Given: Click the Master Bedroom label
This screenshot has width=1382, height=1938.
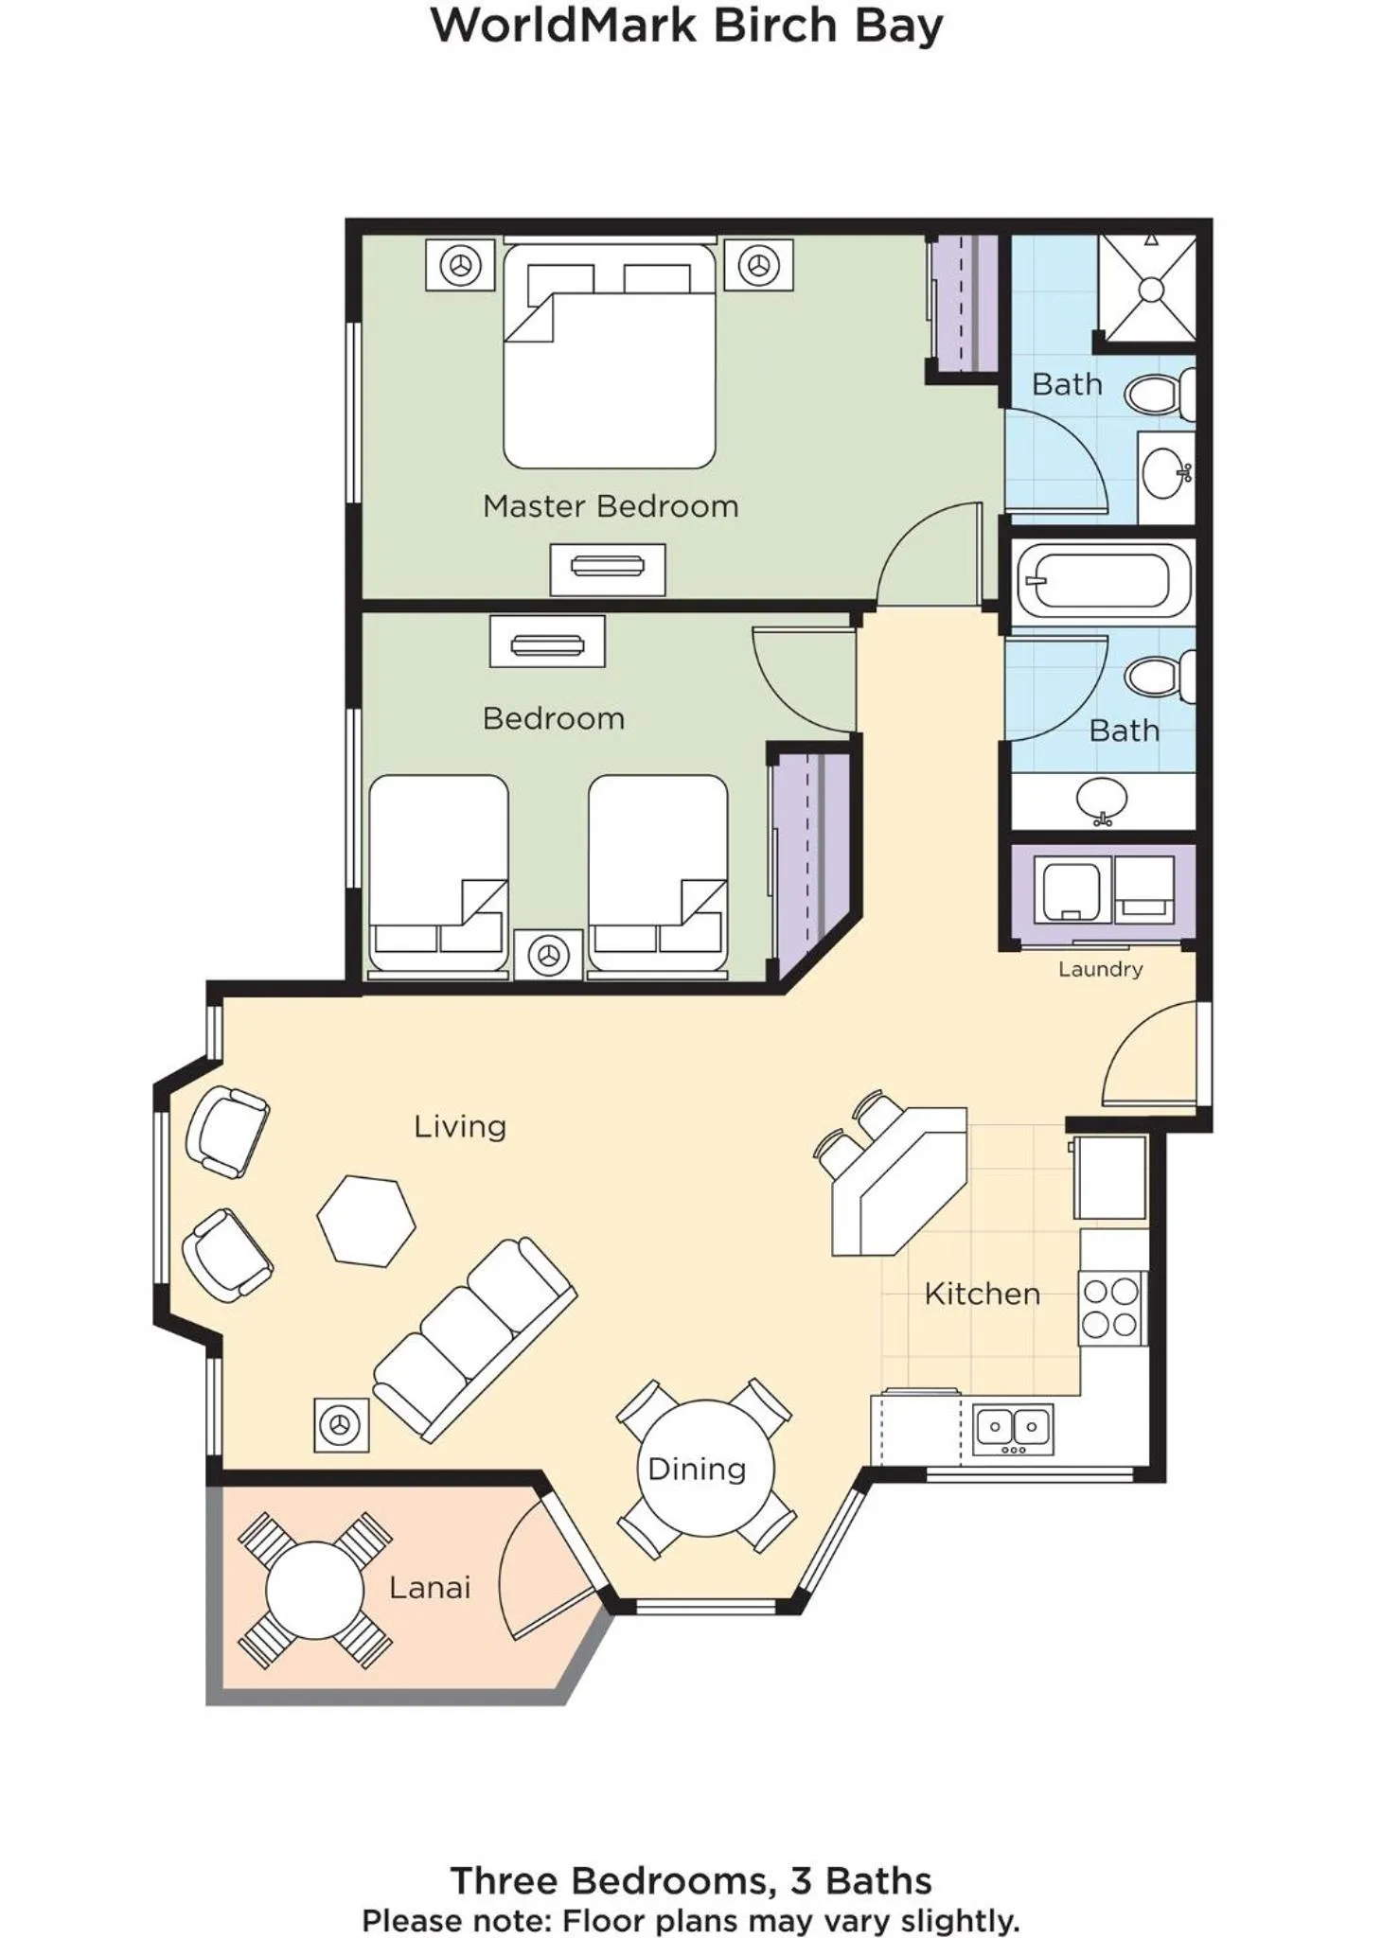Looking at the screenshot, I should point(610,506).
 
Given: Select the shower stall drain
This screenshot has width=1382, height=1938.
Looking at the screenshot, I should point(1150,289).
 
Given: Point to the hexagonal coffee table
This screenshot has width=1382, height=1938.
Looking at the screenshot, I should point(366,1220).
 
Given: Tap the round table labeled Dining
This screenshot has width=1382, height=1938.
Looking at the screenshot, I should point(705,1468).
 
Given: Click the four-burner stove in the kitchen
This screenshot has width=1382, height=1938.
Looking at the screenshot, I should point(1111,1308).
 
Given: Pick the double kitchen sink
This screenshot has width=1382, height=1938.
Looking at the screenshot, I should point(1013,1428).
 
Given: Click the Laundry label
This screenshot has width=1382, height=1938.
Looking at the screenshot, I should point(1100,969).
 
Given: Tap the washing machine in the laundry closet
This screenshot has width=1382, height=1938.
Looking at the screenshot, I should point(1071,889).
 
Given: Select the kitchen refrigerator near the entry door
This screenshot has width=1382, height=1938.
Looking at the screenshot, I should point(1109,1177).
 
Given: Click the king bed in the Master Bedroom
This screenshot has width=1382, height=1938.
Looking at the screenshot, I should point(609,357).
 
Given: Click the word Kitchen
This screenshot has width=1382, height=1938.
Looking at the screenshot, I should point(982,1294).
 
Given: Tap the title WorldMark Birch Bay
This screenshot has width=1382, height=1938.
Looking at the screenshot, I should point(687,26).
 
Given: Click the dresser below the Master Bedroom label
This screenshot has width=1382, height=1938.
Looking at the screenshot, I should point(608,568).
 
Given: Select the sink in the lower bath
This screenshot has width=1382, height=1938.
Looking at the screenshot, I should point(1101,802).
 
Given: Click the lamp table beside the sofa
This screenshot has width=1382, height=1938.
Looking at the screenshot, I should point(341,1424).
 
